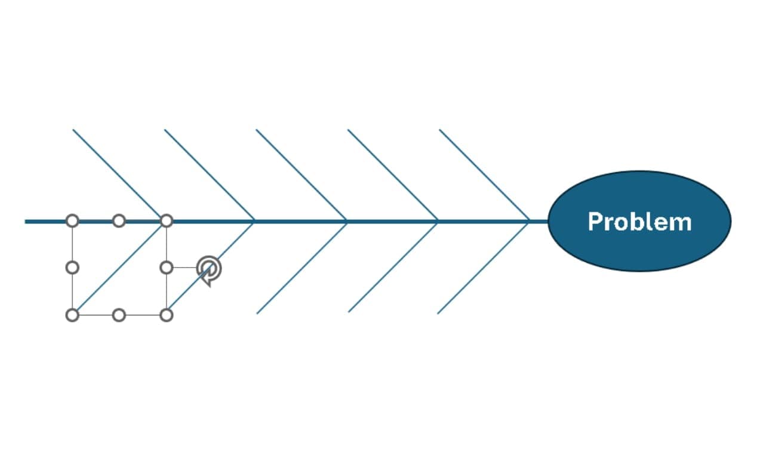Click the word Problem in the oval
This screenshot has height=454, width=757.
pos(640,222)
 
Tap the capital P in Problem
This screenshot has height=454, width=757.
pos(595,222)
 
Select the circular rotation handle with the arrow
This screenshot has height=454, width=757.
pos(209,269)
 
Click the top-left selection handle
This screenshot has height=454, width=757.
pos(72,221)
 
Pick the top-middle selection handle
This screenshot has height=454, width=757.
pos(119,221)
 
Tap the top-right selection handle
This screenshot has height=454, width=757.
pos(167,221)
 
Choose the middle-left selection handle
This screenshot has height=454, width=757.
pos(72,268)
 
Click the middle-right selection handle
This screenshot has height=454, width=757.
pos(167,268)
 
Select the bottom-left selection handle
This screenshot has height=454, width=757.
pos(72,315)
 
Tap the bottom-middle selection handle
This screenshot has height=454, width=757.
pos(119,315)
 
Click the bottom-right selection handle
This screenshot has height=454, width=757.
pos(167,315)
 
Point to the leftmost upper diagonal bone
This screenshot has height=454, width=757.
pos(118,175)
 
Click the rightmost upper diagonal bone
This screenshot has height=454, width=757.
pos(484,175)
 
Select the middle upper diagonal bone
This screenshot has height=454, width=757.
pos(301,175)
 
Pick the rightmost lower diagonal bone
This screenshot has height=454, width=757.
pos(483,268)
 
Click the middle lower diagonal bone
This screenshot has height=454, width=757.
pos(302,268)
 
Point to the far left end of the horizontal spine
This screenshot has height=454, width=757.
pos(25,222)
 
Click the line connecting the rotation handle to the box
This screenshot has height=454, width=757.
pos(185,268)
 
